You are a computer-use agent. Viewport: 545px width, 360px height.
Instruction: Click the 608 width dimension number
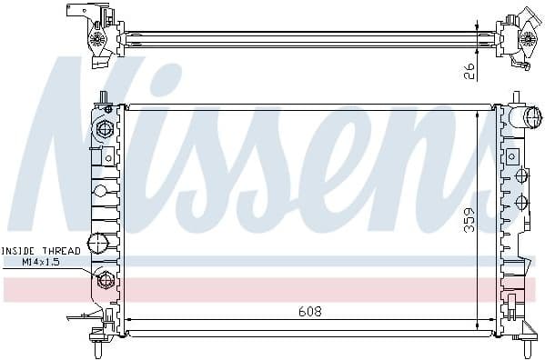(310, 311)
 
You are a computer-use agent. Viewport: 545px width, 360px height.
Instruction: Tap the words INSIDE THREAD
(41, 250)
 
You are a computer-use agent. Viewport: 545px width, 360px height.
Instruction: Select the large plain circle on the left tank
(102, 242)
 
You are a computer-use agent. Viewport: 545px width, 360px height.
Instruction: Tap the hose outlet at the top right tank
(525, 117)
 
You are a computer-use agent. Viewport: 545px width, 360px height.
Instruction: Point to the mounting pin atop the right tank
(516, 96)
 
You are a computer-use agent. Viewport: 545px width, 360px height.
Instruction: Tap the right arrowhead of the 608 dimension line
(491, 320)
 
